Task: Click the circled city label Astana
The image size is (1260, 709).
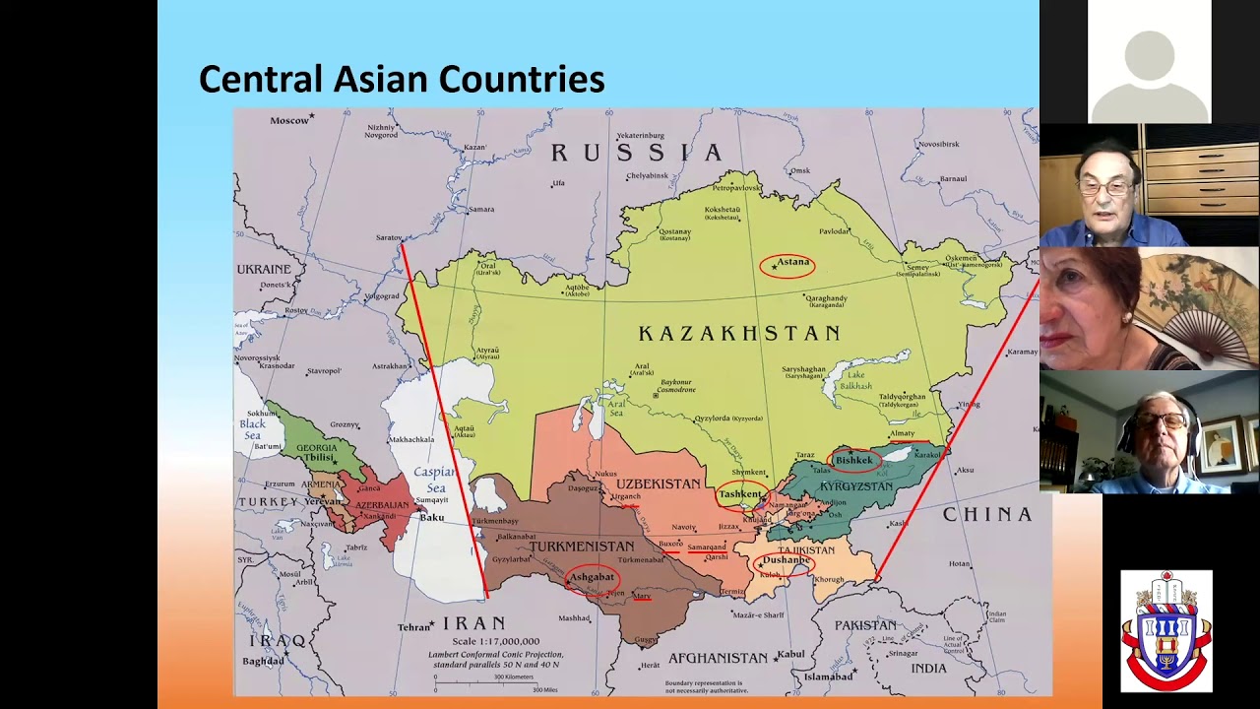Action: pos(787,263)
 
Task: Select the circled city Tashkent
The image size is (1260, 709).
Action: pos(740,494)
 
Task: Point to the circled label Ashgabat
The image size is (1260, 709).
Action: pos(592,577)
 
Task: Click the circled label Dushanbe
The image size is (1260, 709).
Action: pos(785,561)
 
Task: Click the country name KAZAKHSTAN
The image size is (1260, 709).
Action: pos(739,334)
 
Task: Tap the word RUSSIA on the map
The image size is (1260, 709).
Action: pos(636,153)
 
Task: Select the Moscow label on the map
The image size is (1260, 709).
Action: pos(289,120)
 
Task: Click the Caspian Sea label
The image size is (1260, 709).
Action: pos(434,480)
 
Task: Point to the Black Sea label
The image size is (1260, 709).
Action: pos(253,429)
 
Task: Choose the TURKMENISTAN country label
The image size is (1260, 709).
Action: pos(581,547)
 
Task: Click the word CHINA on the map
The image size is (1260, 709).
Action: pos(987,515)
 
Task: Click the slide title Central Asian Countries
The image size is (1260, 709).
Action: pos(402,79)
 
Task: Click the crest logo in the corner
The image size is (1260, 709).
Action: pos(1165,630)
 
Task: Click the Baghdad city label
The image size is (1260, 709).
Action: pos(263,661)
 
